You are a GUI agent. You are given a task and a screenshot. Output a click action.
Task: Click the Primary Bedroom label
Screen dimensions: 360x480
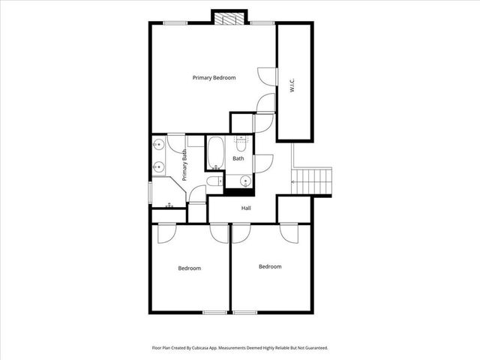pyautogui.click(x=214, y=78)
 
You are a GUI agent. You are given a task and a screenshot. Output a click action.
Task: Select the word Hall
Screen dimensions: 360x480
pyautogui.click(x=245, y=208)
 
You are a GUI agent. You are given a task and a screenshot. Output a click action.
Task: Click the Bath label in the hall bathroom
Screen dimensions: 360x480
pyautogui.click(x=238, y=158)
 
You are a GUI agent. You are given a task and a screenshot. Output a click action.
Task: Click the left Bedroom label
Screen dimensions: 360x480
pyautogui.click(x=189, y=268)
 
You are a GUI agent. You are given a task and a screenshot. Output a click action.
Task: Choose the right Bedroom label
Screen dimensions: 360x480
pyautogui.click(x=270, y=266)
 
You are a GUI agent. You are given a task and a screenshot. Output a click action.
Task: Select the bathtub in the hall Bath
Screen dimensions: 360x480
pyautogui.click(x=216, y=153)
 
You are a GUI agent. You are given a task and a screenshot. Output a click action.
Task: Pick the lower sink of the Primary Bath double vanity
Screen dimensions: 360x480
pyautogui.click(x=158, y=166)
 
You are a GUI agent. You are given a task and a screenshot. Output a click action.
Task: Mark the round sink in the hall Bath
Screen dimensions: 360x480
pyautogui.click(x=244, y=180)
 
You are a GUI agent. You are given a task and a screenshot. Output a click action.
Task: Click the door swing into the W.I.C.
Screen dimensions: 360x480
pyautogui.click(x=267, y=76)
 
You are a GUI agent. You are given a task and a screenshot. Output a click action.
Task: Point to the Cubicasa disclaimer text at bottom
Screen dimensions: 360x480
pyautogui.click(x=240, y=348)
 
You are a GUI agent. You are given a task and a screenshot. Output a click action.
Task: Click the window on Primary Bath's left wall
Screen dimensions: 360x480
pyautogui.click(x=150, y=191)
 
